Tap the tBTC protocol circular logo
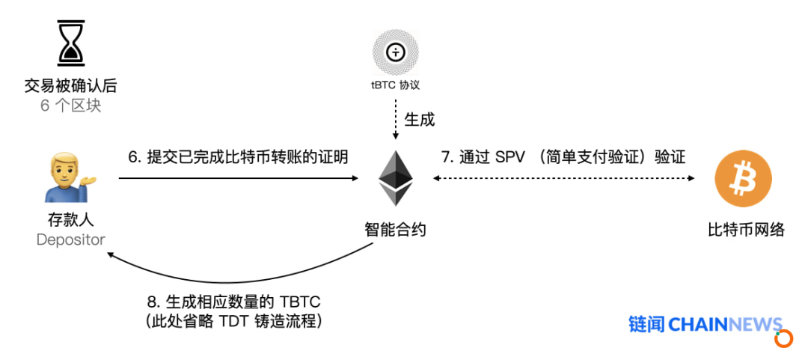pos(395,52)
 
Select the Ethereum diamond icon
pos(396,178)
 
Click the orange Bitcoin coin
pos(743,178)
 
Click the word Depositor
pos(70,240)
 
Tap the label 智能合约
pos(395,230)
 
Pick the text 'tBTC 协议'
pos(395,85)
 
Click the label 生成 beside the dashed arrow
pos(420,120)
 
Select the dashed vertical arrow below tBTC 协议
pos(395,119)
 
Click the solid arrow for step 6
pos(238,178)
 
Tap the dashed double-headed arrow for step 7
pos(564,178)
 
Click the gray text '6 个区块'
pos(70,106)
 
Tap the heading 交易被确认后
pos(70,85)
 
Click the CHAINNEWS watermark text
pos(726,324)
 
